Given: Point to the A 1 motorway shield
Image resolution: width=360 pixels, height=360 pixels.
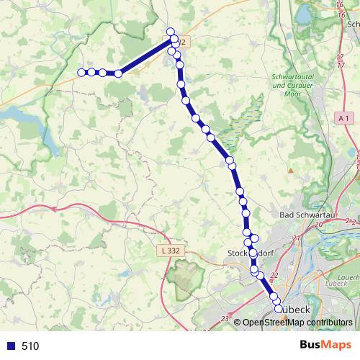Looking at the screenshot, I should coord(344,117).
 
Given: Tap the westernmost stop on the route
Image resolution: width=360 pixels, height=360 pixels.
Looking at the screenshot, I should coord(82,72).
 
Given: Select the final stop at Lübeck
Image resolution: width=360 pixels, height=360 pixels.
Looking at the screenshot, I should coord(279,309).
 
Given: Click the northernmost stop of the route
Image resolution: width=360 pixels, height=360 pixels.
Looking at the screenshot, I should coord(171,31).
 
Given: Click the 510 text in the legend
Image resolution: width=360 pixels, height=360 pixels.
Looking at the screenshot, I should coord(30,346).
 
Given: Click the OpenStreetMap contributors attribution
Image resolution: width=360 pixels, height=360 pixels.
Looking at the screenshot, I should coord(297,323).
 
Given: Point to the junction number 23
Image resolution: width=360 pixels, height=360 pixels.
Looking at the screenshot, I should coord(225,318).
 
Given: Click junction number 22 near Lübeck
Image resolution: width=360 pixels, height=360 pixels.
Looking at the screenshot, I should coord(273,275).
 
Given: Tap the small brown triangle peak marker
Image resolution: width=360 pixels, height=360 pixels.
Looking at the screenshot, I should coord(291,171).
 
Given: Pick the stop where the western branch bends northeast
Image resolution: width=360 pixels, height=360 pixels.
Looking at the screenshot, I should coord(118,73).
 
